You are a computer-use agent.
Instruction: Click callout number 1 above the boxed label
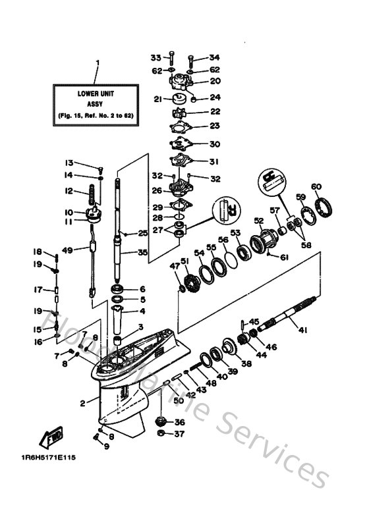(x=98, y=64)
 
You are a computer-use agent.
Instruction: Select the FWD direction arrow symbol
(x=52, y=436)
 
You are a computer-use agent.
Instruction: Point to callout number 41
(x=304, y=330)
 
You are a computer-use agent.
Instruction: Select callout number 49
(x=67, y=250)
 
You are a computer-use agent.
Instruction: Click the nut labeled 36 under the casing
(x=159, y=421)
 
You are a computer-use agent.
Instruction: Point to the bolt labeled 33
(x=171, y=59)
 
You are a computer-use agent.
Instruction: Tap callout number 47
(x=175, y=266)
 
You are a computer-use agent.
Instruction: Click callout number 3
(x=140, y=327)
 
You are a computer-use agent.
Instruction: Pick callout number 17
(x=38, y=289)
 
